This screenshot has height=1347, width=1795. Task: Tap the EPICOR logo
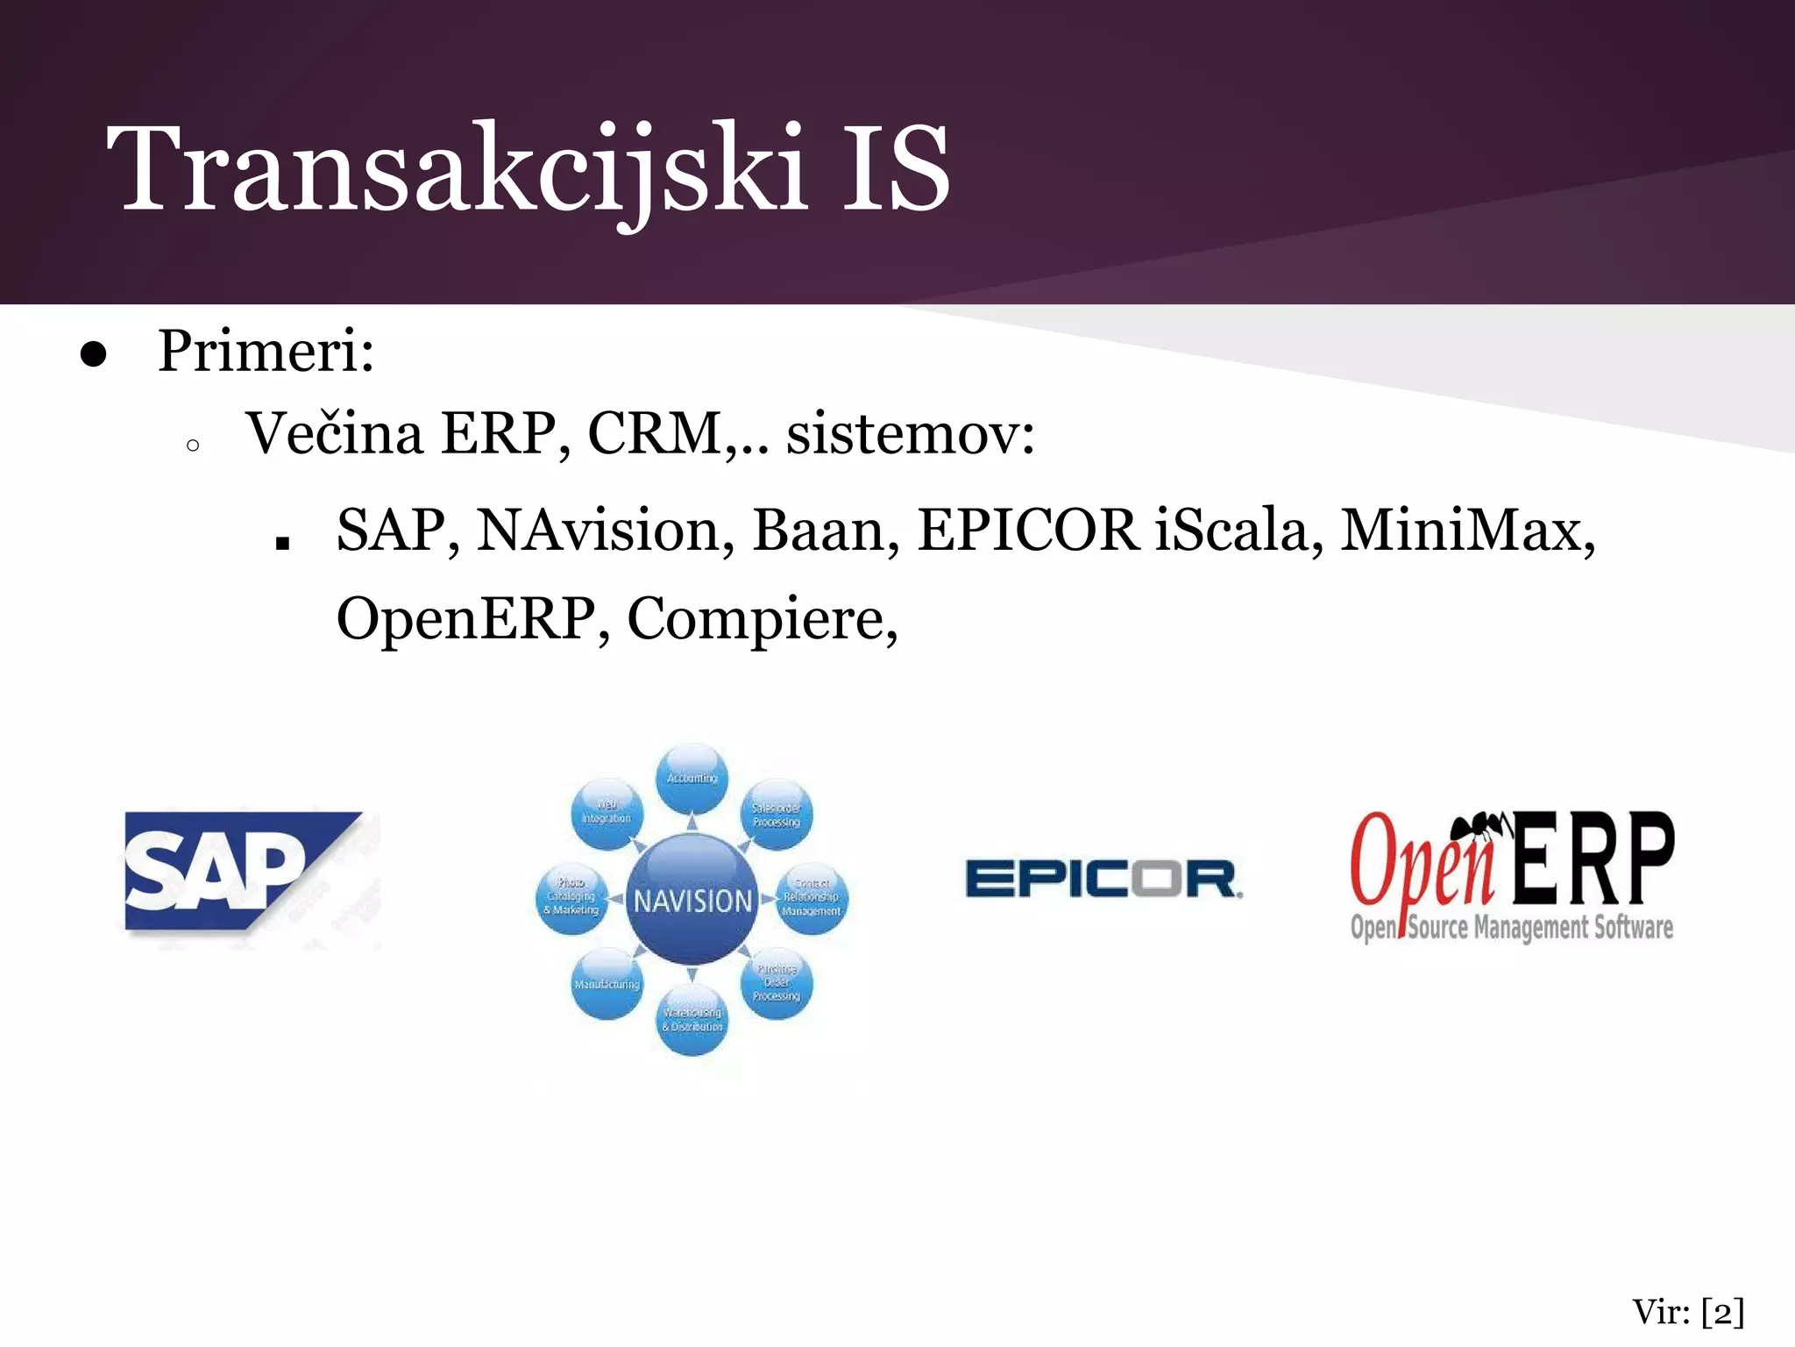1103,879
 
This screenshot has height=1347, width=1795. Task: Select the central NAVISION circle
692,900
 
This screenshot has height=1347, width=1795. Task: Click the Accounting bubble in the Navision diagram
692,778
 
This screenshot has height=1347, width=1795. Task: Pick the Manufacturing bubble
607,984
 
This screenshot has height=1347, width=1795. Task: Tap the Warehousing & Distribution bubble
692,1020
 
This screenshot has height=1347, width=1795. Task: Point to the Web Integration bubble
607,812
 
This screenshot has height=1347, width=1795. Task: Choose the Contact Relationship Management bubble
812,897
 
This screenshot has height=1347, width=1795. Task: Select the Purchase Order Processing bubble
777,983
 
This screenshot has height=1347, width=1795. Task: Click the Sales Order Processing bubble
777,815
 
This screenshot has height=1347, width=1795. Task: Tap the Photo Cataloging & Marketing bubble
571,896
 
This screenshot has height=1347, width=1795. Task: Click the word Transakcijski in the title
456,168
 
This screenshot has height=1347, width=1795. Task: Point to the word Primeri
266,351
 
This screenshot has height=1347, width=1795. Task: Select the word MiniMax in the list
1466,531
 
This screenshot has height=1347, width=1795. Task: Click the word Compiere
762,619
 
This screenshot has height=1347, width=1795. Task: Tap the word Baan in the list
825,531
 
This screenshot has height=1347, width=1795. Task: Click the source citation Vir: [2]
1688,1313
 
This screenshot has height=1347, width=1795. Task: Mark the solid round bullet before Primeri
93,355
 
